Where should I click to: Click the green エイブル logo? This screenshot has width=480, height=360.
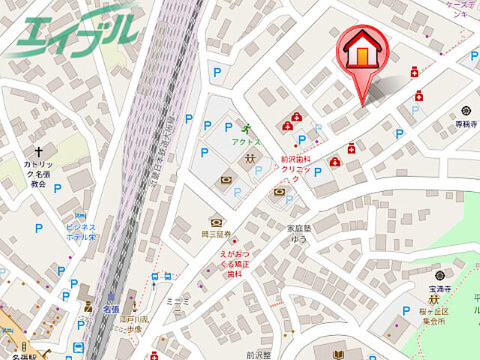click(x=75, y=30)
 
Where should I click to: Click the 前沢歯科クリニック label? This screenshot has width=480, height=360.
click(x=295, y=169)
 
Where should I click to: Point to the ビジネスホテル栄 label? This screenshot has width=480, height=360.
click(x=80, y=232)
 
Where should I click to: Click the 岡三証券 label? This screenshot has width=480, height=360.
click(x=217, y=234)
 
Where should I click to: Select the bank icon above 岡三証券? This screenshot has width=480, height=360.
click(x=217, y=222)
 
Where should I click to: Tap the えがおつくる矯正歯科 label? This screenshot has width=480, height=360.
click(x=233, y=265)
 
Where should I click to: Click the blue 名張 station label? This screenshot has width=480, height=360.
click(x=111, y=309)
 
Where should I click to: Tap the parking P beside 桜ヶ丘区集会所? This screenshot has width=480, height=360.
click(x=406, y=311)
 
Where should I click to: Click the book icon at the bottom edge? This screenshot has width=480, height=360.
click(x=338, y=354)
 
